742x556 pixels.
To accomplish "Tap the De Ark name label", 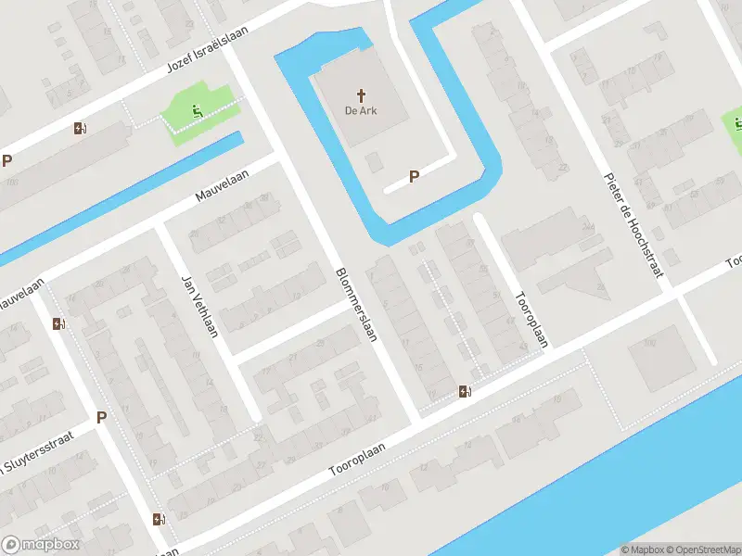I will tap(362, 112).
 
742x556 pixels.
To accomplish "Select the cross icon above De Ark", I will tap(362, 95).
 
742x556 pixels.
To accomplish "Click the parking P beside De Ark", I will tap(415, 176).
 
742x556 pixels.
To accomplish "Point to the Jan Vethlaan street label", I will tap(198, 307).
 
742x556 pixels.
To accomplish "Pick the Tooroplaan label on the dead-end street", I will tap(531, 320).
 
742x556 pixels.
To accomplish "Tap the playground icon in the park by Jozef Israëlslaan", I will tap(197, 112).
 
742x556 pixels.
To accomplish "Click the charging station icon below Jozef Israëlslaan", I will tap(80, 129).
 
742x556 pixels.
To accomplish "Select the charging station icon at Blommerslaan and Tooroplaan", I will tap(465, 391).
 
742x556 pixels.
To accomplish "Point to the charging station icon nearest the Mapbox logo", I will tap(159, 519).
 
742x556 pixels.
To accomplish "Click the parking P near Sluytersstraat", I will tap(101, 417).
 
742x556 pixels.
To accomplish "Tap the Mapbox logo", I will tap(41, 545).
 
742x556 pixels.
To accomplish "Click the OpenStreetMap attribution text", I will tap(700, 550).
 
